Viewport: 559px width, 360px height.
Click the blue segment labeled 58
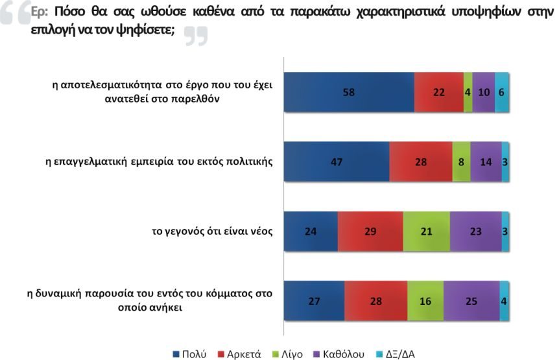point(349,91)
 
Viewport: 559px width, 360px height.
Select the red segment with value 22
point(439,91)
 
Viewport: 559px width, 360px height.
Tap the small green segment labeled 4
point(468,91)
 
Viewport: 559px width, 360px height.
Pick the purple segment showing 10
point(483,91)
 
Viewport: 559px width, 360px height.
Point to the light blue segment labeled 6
point(501,91)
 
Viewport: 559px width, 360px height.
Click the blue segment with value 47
point(337,162)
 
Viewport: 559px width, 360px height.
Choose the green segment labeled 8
point(461,162)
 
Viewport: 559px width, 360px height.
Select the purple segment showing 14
point(486,162)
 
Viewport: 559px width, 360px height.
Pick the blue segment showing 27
point(315,301)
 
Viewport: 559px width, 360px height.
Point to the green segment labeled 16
point(425,301)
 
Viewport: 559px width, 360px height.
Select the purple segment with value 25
point(471,301)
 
